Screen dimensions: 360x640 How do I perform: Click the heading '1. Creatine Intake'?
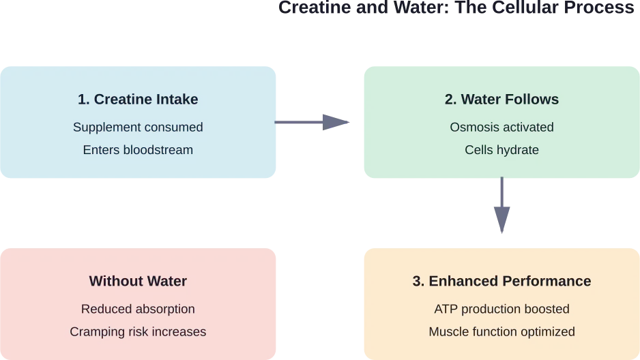(138, 100)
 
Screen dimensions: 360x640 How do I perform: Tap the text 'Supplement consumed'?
(138, 127)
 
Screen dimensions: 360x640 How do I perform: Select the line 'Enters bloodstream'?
(138, 149)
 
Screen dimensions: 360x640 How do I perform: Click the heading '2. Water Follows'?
(501, 100)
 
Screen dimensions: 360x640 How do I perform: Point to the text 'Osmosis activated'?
(501, 127)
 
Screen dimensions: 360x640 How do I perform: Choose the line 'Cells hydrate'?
(501, 149)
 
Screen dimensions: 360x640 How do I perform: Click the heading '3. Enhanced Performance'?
(501, 281)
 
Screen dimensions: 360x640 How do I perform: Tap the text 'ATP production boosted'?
(501, 309)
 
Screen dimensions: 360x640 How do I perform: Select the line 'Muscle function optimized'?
(501, 332)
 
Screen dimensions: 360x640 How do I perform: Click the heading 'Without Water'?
(138, 281)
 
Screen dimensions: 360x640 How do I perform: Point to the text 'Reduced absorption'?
(138, 309)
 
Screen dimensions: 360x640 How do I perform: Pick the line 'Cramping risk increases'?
(138, 332)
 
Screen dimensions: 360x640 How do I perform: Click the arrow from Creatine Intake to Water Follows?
(315, 123)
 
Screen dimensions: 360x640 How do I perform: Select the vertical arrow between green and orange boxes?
(501, 207)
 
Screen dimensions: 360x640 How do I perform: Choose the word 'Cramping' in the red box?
(95, 332)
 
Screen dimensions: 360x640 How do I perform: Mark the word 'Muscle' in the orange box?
(448, 332)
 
